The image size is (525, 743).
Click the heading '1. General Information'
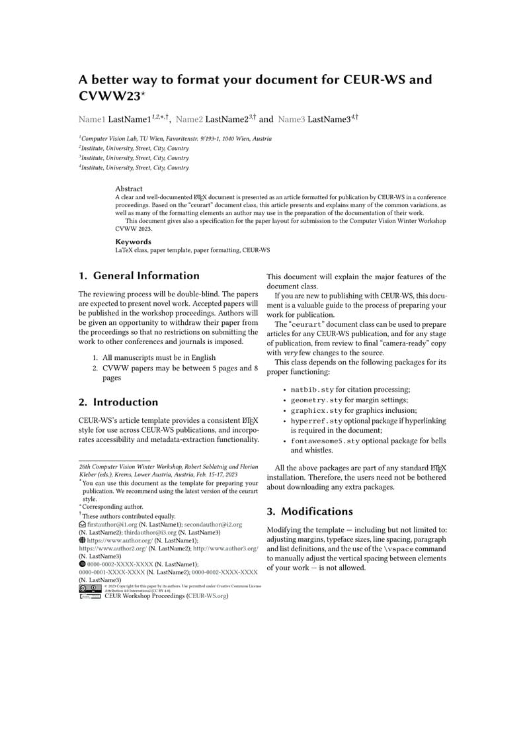point(139,276)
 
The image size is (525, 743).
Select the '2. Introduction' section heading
point(118,402)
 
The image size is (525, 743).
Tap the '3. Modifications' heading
point(310,511)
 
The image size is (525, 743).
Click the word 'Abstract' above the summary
point(129,189)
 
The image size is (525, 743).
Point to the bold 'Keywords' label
point(133,241)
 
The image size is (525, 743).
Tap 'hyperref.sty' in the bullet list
point(317,421)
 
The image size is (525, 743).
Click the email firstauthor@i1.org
point(112,525)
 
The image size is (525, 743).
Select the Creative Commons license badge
point(90,588)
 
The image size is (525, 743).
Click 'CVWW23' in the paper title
point(109,96)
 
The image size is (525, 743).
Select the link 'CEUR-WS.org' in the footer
point(207,596)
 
